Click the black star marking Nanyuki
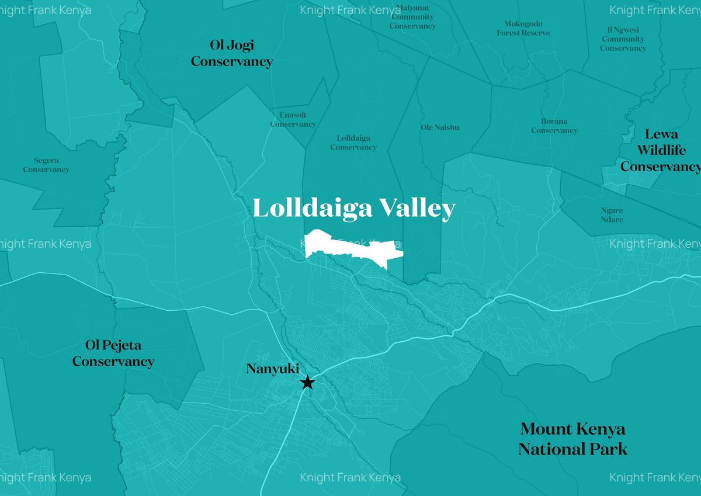pos(307,383)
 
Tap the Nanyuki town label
pos(272,369)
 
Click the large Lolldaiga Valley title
pos(353,209)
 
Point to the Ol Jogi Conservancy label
pos(231,53)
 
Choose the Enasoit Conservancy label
pos(293,120)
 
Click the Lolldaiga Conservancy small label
pos(353,143)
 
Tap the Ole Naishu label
pos(440,127)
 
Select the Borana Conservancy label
pos(554,126)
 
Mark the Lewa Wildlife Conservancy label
pos(661,150)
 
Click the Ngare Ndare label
pos(612,215)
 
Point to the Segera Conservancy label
pos(46,165)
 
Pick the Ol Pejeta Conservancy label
pos(113,353)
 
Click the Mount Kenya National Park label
pos(572,439)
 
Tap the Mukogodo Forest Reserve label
pos(523,28)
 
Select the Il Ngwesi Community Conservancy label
pos(623,39)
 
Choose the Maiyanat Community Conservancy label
pos(412,17)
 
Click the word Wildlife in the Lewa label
pos(661,150)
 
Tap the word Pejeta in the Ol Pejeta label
pos(122,345)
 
